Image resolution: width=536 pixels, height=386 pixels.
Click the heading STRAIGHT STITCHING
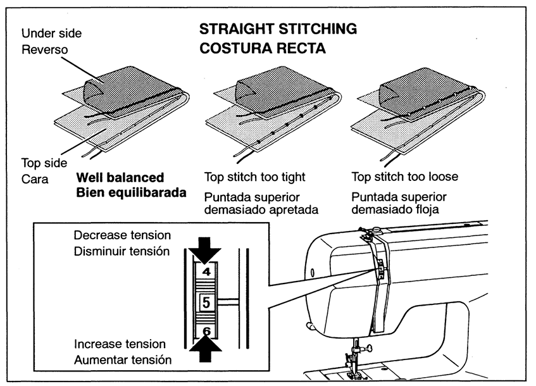pyautogui.click(x=278, y=29)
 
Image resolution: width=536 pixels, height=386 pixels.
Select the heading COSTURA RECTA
pyautogui.click(x=262, y=48)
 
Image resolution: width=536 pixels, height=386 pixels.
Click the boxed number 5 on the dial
pyautogui.click(x=206, y=303)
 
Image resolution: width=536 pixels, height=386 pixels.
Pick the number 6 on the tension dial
pyautogui.click(x=206, y=331)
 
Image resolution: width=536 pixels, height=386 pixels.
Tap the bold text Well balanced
pyautogui.click(x=120, y=177)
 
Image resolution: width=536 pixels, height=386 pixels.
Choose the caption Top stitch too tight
pyautogui.click(x=255, y=177)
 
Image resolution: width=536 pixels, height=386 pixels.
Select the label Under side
pyautogui.click(x=51, y=33)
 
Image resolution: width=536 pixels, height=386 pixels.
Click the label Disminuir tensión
pyautogui.click(x=122, y=251)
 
